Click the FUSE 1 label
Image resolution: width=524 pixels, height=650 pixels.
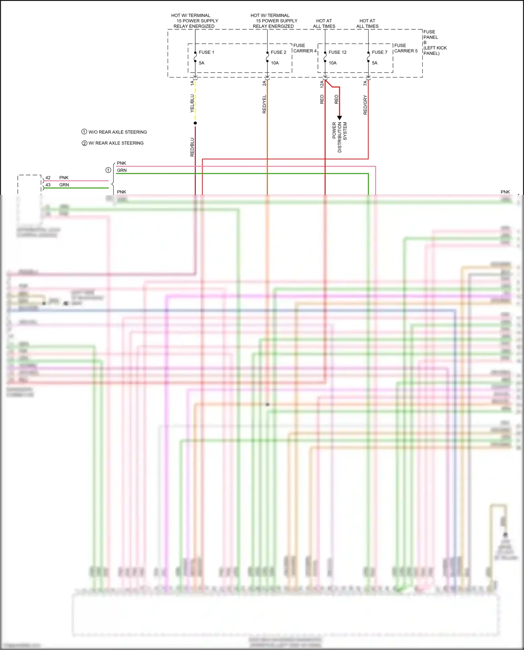[206, 52]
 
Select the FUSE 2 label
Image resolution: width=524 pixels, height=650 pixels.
[278, 52]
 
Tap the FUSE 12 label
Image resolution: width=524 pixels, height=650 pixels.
[337, 52]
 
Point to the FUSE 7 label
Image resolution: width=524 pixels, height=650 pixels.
[379, 52]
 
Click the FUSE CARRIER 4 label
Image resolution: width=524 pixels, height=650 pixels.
[305, 48]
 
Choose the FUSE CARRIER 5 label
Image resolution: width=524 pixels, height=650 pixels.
[406, 48]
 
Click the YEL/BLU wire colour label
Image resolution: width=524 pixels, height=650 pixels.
[192, 103]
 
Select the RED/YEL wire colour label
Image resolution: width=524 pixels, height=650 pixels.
[264, 104]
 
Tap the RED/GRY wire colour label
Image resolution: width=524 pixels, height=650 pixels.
[365, 105]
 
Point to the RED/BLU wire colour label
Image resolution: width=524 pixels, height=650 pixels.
[192, 147]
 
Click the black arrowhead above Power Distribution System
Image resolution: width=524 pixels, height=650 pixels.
[340, 118]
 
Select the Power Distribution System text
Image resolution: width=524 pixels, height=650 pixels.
[340, 137]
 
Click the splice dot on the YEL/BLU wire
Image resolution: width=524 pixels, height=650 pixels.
[195, 123]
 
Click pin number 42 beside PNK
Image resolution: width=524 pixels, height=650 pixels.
[48, 178]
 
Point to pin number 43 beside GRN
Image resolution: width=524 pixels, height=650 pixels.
[48, 185]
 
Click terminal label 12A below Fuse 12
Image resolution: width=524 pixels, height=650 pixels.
[322, 84]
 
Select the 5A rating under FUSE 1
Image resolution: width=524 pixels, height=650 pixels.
[202, 63]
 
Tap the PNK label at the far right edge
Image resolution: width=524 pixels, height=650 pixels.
[505, 192]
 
